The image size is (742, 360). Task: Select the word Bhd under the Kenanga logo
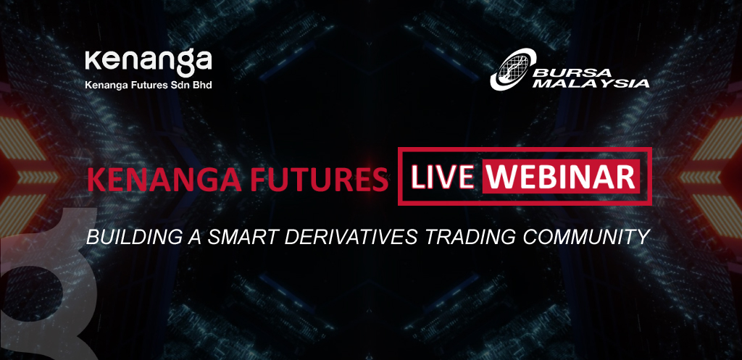coord(203,85)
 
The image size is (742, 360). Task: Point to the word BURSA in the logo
coord(572,73)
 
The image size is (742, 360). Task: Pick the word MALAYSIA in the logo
coord(594,83)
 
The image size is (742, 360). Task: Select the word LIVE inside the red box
coord(441,176)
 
